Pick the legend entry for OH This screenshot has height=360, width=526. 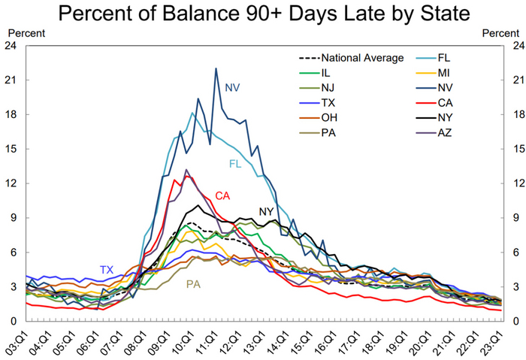(327, 118)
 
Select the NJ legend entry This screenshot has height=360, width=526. (327, 88)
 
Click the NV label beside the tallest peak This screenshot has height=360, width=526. (232, 88)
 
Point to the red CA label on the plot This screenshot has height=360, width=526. (222, 195)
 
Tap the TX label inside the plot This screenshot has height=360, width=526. (107, 270)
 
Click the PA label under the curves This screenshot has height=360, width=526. (192, 284)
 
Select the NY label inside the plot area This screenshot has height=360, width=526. (267, 212)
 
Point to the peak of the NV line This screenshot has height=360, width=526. (216, 69)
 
